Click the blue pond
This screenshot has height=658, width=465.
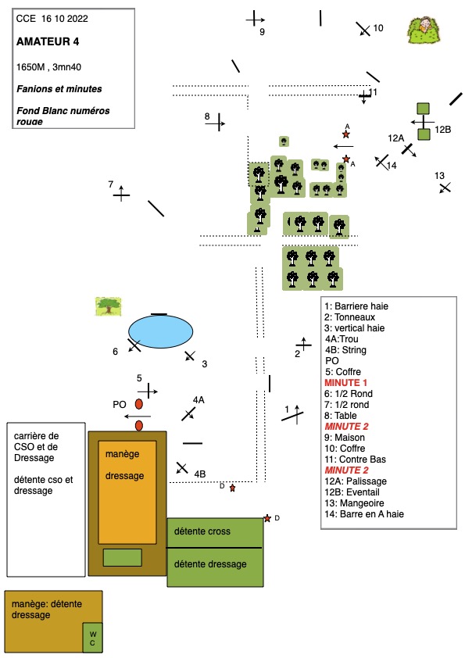pyautogui.click(x=160, y=331)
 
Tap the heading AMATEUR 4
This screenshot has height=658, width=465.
pyautogui.click(x=48, y=41)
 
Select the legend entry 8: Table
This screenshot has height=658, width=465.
pyautogui.click(x=341, y=416)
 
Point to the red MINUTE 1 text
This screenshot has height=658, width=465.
pyautogui.click(x=345, y=383)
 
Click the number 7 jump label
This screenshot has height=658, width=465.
pyautogui.click(x=111, y=184)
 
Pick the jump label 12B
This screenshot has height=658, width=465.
pyautogui.click(x=443, y=129)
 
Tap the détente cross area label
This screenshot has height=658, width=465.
pyautogui.click(x=202, y=531)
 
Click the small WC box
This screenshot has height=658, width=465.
pyautogui.click(x=92, y=638)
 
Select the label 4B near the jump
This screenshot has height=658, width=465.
pyautogui.click(x=200, y=474)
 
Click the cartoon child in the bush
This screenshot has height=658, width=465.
pyautogui.click(x=424, y=30)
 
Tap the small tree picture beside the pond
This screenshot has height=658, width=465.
pyautogui.click(x=109, y=306)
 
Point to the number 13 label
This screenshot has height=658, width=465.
pyautogui.click(x=439, y=175)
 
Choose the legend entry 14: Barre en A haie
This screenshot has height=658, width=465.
pyautogui.click(x=364, y=513)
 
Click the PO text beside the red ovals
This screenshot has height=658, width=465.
pyautogui.click(x=120, y=405)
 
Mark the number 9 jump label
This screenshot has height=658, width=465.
pyautogui.click(x=262, y=32)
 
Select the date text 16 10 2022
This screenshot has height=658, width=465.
pyautogui.click(x=65, y=19)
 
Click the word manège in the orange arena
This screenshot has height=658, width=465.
pyautogui.click(x=122, y=454)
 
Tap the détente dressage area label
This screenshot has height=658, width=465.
pyautogui.click(x=210, y=564)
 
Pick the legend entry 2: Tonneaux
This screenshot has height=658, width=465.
pyautogui.click(x=349, y=316)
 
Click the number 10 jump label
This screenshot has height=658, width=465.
pyautogui.click(x=378, y=28)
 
